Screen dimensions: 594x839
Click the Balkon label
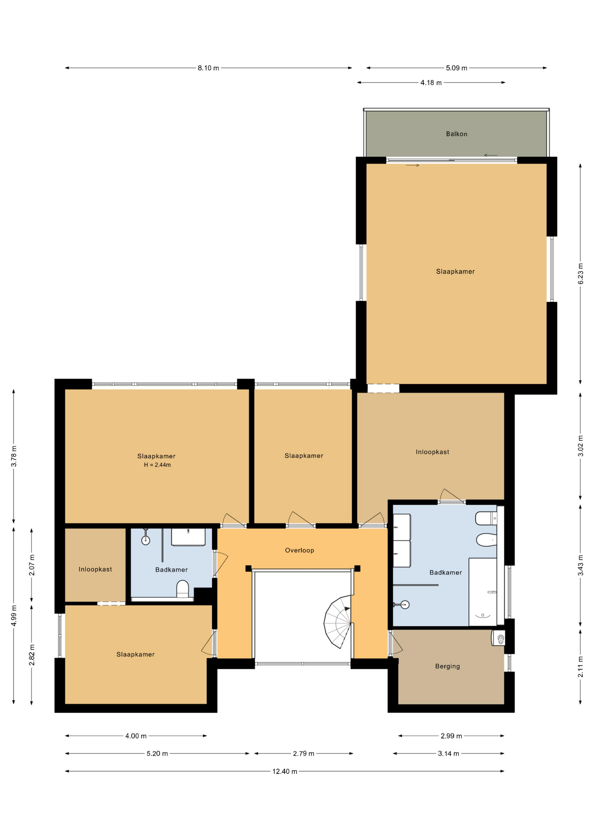[x=456, y=134]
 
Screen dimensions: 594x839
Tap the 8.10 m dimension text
[x=208, y=68]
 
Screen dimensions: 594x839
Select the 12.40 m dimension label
[x=285, y=772]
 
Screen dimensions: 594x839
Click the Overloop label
[x=300, y=551]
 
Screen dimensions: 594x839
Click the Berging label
[x=447, y=666]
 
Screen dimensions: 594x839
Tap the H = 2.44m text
[x=157, y=465]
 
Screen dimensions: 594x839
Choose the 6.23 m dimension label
[x=581, y=274]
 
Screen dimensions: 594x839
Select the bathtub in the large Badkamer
[x=483, y=592]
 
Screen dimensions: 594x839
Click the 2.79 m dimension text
[x=304, y=754]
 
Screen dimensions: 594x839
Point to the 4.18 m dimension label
[x=431, y=83]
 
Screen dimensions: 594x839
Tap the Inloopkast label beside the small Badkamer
[x=95, y=569]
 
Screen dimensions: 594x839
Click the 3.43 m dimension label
[x=581, y=565]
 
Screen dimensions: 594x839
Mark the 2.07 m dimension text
[x=32, y=565]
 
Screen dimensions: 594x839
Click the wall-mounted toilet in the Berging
[x=499, y=638]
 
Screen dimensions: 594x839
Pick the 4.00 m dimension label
[x=136, y=736]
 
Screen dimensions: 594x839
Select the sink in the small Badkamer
[x=188, y=537]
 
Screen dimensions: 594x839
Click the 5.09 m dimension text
[x=456, y=68]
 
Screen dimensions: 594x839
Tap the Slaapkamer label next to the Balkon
[x=455, y=272]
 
